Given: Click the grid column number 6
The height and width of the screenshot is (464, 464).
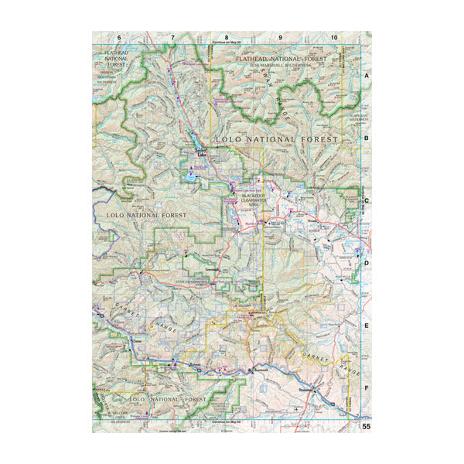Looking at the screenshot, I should (119, 37).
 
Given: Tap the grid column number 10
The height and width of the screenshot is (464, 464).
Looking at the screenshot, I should (333, 37).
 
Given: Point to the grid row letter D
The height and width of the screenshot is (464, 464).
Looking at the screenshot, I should (367, 262).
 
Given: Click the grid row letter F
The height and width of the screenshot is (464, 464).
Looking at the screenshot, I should (367, 388).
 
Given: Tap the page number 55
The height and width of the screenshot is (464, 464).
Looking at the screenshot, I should (367, 426).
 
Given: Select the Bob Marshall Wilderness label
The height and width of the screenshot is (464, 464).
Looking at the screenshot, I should (281, 66).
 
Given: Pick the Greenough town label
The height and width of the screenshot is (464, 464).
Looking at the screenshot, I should (211, 270).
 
